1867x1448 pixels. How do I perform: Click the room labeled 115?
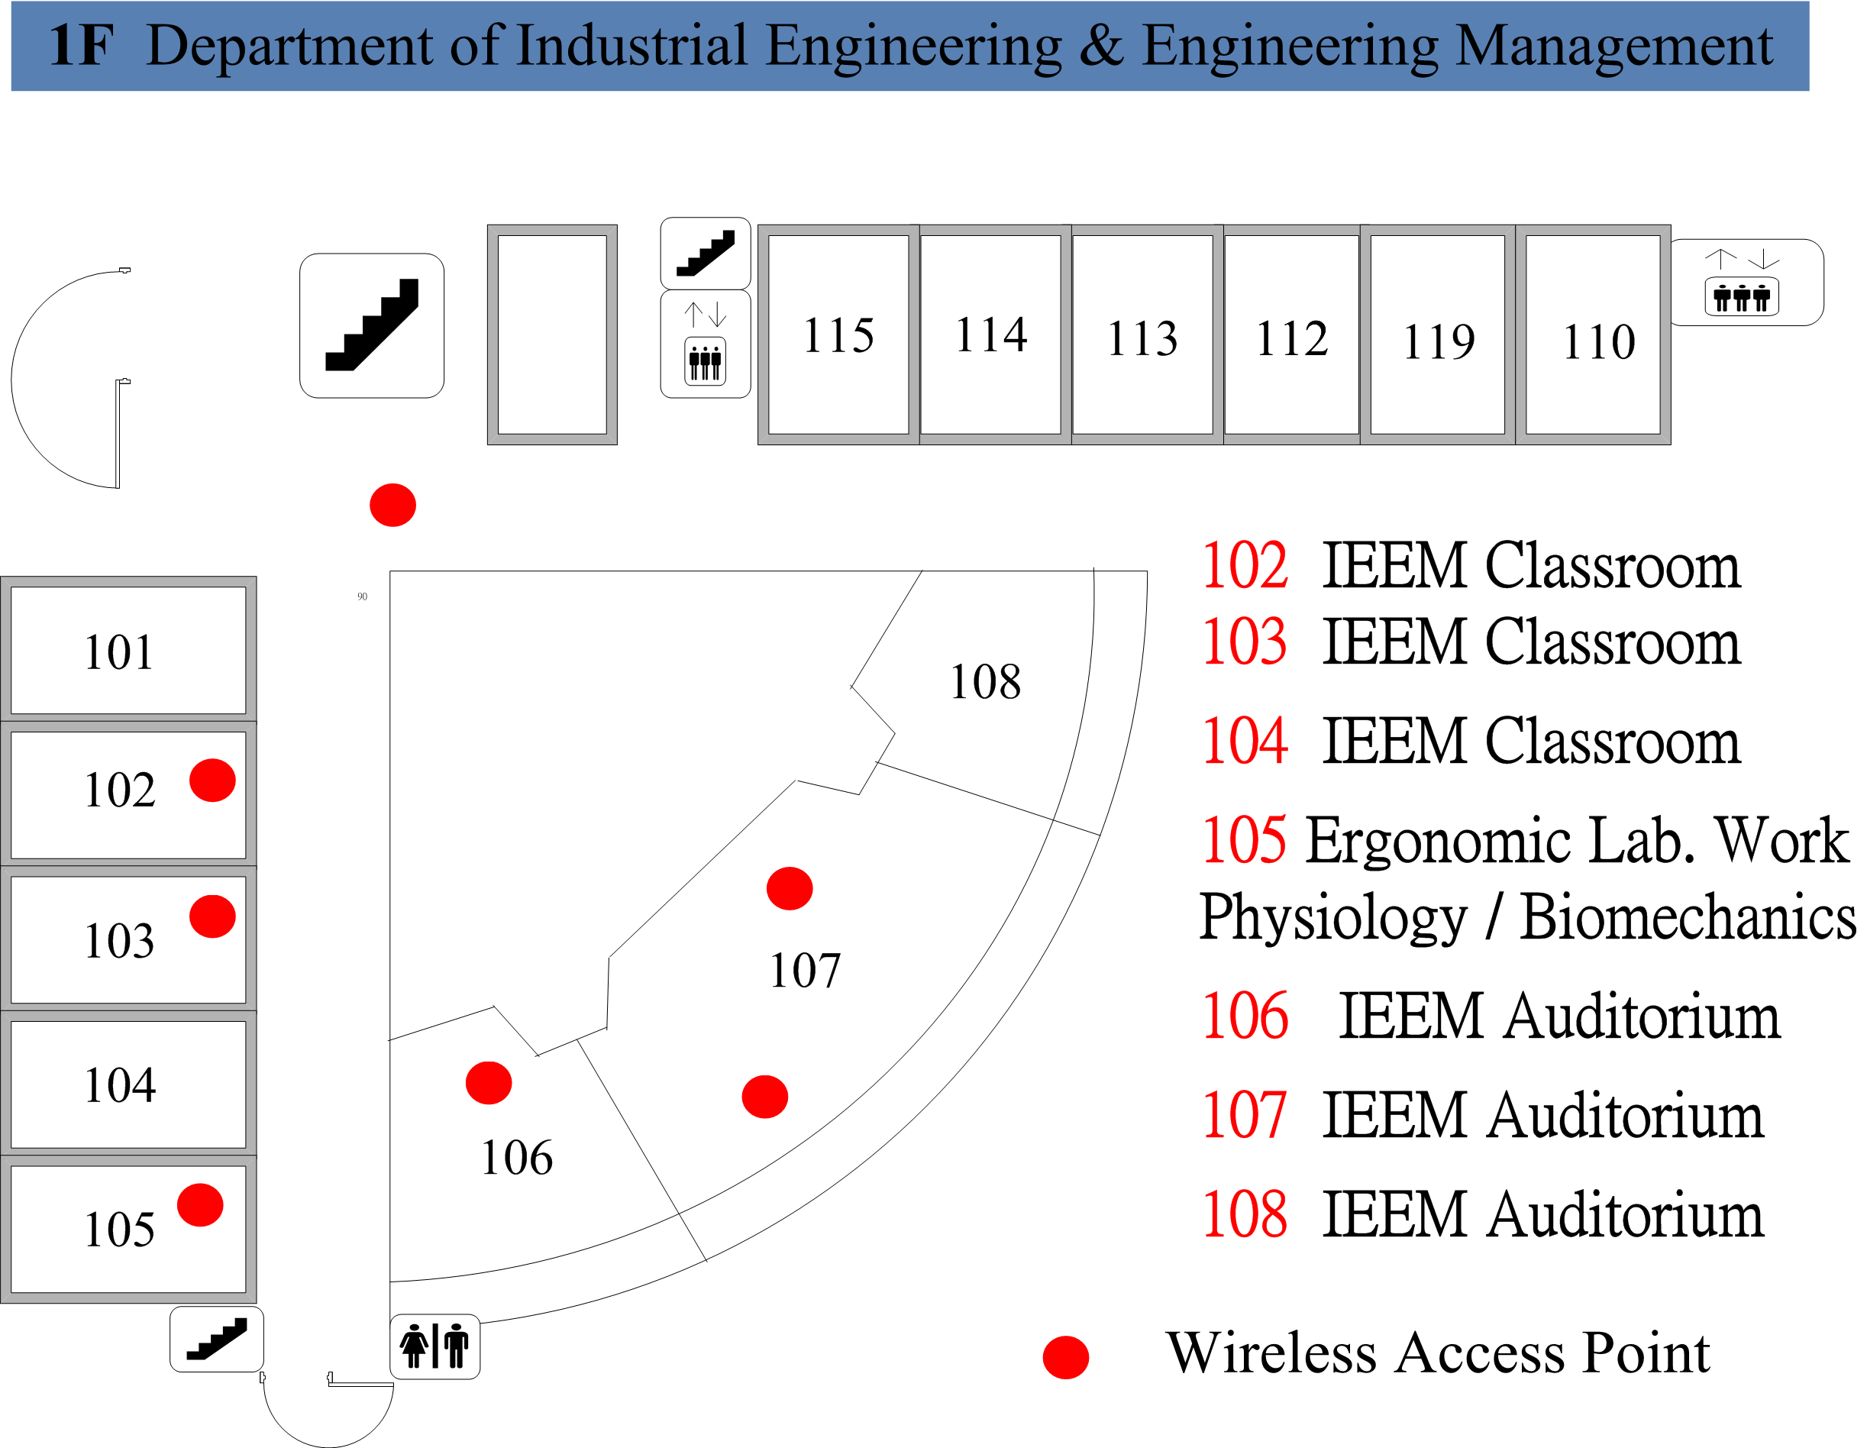point(838,335)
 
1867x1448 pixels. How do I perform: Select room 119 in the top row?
point(1438,335)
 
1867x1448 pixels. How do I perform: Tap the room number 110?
point(1598,342)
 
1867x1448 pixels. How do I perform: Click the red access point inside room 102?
point(212,780)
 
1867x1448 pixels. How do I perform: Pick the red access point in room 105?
point(200,1204)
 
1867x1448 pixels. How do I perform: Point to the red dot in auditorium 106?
point(488,1082)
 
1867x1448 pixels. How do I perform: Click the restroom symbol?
point(434,1346)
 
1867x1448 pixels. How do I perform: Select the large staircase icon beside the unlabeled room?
point(371,325)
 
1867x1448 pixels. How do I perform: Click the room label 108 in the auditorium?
point(985,681)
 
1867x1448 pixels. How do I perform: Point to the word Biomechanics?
point(1687,917)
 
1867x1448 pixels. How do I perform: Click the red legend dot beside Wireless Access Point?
point(1065,1356)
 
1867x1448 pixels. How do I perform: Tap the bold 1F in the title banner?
point(80,45)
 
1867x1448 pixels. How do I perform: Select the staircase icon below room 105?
point(216,1339)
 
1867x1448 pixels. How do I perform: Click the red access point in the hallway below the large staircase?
point(392,504)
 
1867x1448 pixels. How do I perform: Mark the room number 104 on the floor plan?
point(120,1084)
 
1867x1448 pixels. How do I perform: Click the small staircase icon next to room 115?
point(706,253)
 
